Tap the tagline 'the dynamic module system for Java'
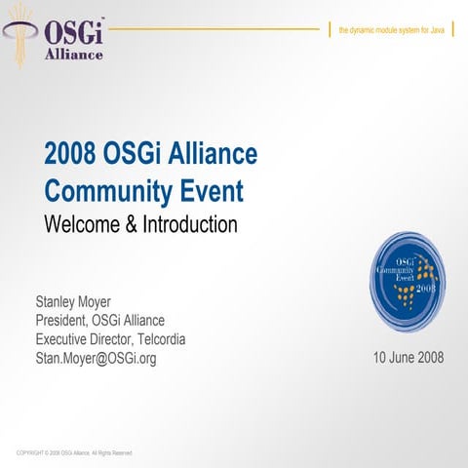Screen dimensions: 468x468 tap(391, 31)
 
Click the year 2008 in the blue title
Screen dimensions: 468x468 tap(69, 153)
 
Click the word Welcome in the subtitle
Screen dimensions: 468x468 tap(82, 223)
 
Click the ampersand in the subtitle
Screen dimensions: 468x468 tap(131, 223)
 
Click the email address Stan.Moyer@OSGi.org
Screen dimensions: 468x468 tap(96, 358)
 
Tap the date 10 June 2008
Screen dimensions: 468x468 tap(409, 357)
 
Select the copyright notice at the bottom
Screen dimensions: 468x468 tap(74, 453)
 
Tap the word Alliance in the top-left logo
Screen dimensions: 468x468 tap(74, 55)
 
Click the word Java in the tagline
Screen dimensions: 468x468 tap(439, 31)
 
